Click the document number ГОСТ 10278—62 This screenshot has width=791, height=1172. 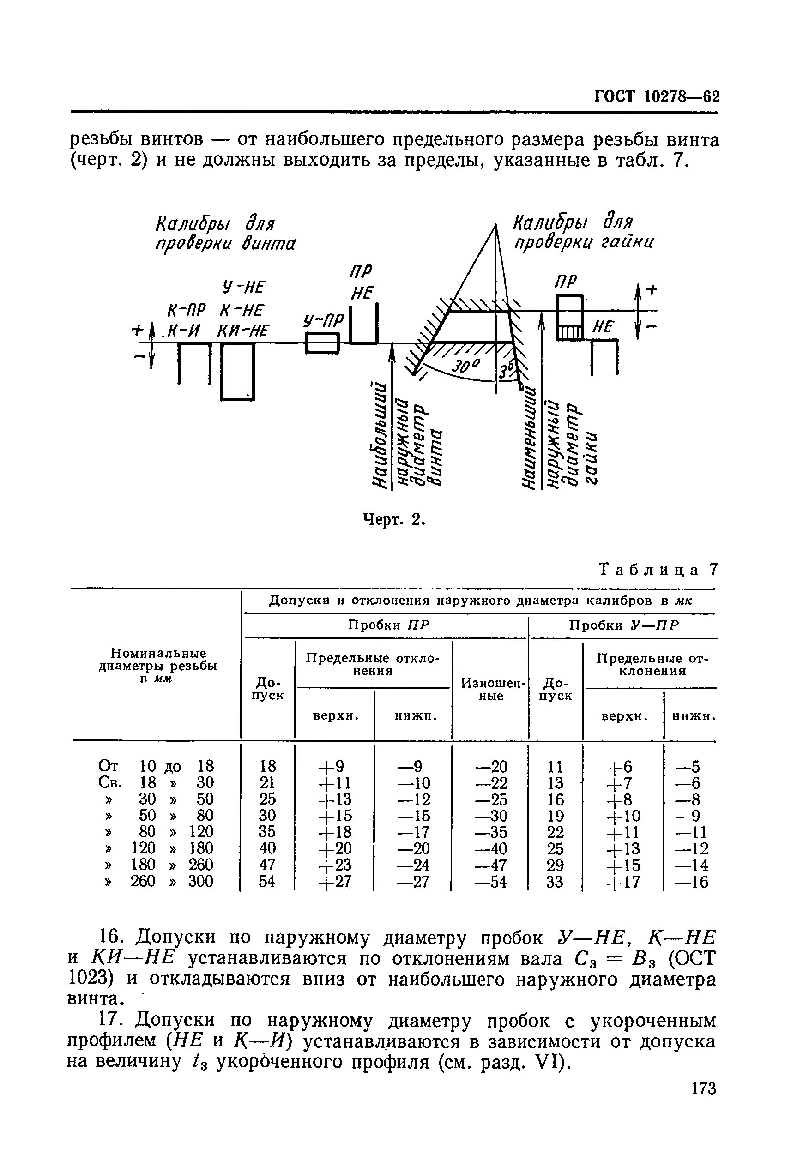[x=656, y=96]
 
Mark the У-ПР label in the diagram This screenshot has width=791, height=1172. [x=323, y=319]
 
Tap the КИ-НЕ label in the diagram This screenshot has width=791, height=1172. [x=243, y=331]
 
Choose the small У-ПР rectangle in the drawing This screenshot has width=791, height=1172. [x=322, y=344]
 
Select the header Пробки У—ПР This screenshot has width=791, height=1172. [x=624, y=625]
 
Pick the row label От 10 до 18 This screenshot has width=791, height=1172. [x=157, y=766]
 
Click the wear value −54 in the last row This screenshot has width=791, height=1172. [x=491, y=882]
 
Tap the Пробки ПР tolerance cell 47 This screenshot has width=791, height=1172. [x=267, y=865]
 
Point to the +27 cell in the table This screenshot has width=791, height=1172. [x=335, y=882]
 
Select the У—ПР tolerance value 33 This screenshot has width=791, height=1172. [x=555, y=882]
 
